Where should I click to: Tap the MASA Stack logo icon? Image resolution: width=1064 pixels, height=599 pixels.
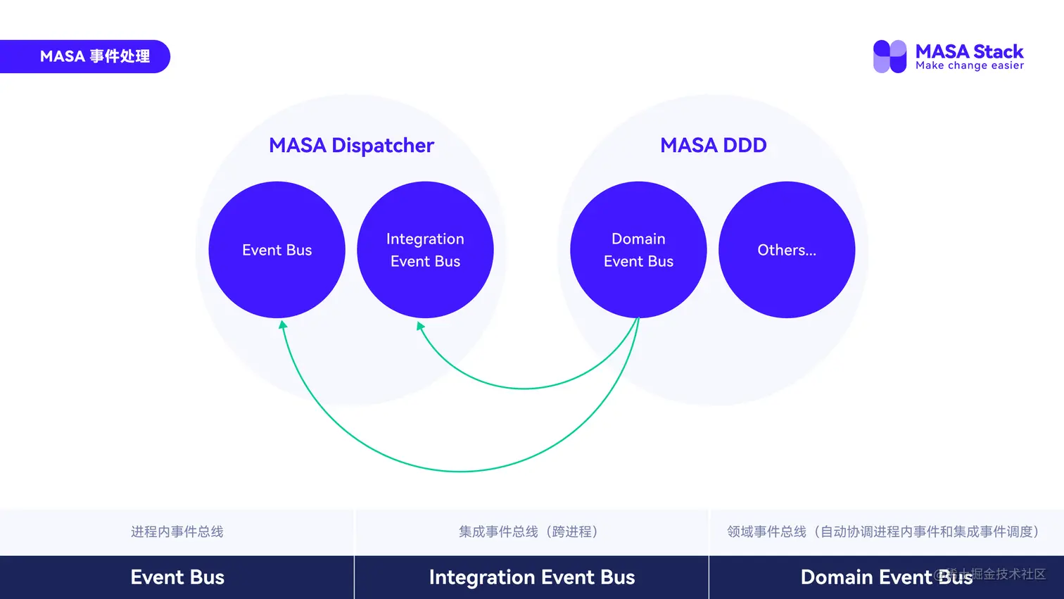tap(889, 56)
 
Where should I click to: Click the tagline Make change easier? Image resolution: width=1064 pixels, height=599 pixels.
tap(969, 65)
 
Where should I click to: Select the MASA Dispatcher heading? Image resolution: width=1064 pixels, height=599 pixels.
tap(351, 145)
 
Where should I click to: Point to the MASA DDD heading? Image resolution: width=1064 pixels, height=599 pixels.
tap(713, 145)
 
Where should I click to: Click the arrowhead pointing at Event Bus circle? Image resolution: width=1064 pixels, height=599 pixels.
tap(283, 325)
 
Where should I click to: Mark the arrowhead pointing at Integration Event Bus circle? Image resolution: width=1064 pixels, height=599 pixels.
tap(420, 327)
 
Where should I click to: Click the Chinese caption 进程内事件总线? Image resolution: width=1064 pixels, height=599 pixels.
tap(177, 531)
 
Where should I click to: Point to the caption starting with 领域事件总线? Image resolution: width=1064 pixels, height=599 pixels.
tap(885, 531)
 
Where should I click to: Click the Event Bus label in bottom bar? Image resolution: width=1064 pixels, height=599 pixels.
tap(177, 577)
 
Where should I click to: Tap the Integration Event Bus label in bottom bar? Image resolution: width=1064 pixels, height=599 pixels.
tap(532, 577)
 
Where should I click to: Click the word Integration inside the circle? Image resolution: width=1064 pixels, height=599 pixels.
tap(425, 239)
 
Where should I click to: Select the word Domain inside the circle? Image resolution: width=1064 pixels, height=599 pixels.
tap(638, 239)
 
